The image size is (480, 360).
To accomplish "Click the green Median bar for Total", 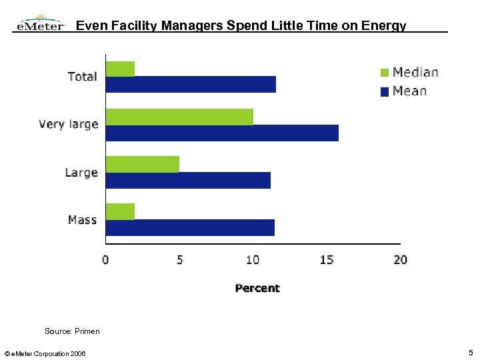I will (x=120, y=69).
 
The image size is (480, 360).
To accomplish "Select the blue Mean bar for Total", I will (x=191, y=84).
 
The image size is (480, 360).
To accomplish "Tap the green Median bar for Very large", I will (x=179, y=117).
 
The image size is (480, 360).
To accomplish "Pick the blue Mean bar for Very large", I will (x=222, y=133).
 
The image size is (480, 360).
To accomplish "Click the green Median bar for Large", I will (x=143, y=164).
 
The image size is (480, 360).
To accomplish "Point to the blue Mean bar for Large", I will (x=188, y=180).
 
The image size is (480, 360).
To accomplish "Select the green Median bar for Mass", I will (x=120, y=211).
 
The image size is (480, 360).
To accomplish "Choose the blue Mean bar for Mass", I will (x=190, y=227).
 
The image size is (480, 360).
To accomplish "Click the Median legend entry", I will (x=409, y=73).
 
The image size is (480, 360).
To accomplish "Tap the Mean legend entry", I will (x=403, y=91).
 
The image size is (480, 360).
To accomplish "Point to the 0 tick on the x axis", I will (x=106, y=259).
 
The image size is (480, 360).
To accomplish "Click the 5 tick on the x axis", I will (x=179, y=259).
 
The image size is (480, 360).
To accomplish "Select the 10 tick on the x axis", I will (x=253, y=259).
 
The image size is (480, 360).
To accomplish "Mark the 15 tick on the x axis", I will (x=326, y=259).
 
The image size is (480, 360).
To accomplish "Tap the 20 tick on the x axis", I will (x=400, y=259).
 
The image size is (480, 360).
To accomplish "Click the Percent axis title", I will (x=257, y=288).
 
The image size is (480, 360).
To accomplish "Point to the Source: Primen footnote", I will (x=72, y=331).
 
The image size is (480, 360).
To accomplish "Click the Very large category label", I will (x=69, y=125).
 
